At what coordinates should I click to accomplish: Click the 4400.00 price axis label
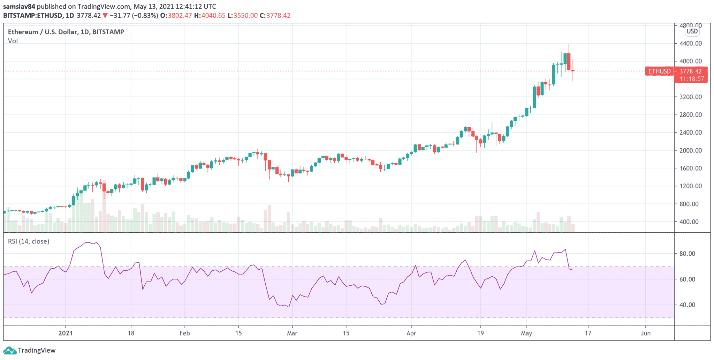[x=690, y=44]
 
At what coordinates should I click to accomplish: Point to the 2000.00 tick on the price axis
[x=690, y=150]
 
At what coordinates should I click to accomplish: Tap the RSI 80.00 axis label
[x=687, y=254]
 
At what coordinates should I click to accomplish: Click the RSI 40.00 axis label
[x=687, y=305]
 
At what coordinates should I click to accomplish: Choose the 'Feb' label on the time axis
[x=184, y=333]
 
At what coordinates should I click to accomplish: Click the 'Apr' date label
[x=411, y=333]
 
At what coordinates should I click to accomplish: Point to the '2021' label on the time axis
[x=66, y=333]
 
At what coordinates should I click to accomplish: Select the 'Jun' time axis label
[x=645, y=333]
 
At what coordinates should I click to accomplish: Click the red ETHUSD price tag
[x=659, y=71]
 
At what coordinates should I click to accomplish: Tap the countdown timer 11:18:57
[x=692, y=79]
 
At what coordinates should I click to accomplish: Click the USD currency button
[x=692, y=31]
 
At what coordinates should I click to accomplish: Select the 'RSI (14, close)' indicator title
[x=29, y=241]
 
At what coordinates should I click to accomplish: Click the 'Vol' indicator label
[x=13, y=41]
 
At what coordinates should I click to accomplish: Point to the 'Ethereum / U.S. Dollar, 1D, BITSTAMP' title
[x=66, y=32]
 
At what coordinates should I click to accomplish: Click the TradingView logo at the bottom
[x=29, y=350]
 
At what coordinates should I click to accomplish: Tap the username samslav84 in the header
[x=19, y=6]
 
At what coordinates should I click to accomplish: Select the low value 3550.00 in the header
[x=245, y=15]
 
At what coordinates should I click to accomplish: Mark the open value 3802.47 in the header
[x=180, y=15]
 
